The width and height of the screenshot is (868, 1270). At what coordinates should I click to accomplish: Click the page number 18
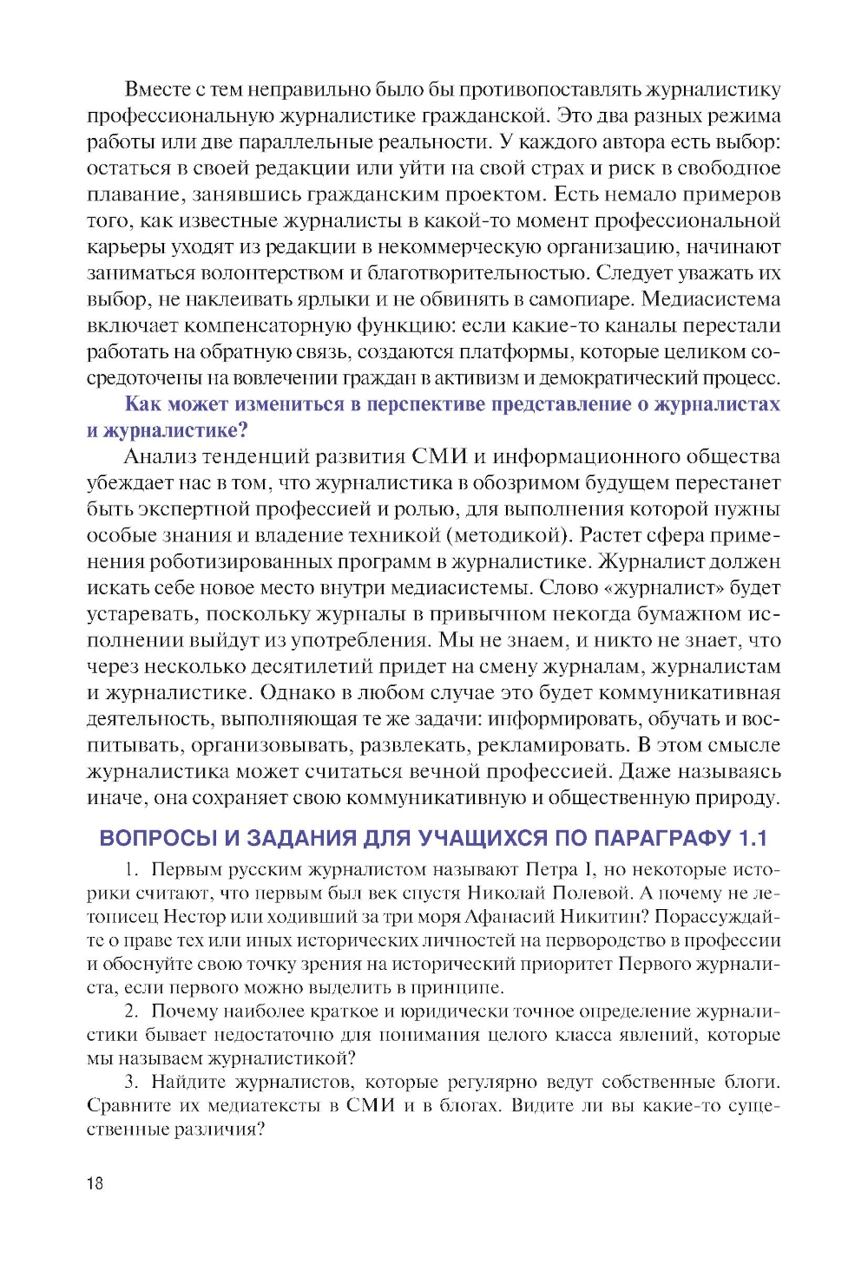click(x=95, y=1183)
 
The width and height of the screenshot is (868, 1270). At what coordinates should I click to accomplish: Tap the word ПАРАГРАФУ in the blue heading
click(x=662, y=838)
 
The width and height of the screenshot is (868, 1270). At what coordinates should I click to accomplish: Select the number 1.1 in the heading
click(x=753, y=838)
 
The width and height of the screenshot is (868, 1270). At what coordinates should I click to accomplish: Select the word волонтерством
click(x=273, y=273)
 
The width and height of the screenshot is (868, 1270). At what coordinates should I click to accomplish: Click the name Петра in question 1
click(x=551, y=870)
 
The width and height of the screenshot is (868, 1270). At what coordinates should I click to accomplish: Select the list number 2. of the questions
click(x=132, y=1011)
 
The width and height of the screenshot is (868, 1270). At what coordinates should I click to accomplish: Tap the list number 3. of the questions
click(x=132, y=1082)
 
